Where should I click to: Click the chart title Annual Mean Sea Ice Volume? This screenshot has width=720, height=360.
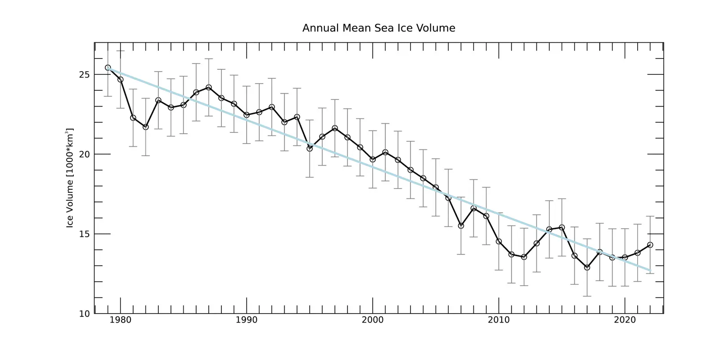(x=378, y=28)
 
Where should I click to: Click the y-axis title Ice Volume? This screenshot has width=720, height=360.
(x=70, y=178)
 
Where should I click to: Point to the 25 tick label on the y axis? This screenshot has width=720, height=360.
(x=84, y=74)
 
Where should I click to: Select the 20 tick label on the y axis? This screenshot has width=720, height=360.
(x=84, y=154)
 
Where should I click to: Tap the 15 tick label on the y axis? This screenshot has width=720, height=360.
(x=84, y=234)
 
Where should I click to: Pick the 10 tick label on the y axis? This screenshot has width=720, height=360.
(x=84, y=314)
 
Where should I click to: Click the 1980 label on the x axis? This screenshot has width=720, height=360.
(x=121, y=320)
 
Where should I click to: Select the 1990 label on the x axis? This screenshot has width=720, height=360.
(x=247, y=320)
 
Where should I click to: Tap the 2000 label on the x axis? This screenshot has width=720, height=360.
(x=373, y=320)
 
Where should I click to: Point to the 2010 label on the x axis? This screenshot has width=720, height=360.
(x=499, y=320)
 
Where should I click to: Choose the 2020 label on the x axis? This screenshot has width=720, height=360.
(x=625, y=320)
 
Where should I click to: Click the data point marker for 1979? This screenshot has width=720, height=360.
(x=108, y=68)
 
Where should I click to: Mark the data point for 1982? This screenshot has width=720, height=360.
(x=146, y=127)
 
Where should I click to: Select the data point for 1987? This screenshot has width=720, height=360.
(x=209, y=87)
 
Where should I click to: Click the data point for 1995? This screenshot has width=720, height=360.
(x=310, y=148)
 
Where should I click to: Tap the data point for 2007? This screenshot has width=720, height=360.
(x=461, y=226)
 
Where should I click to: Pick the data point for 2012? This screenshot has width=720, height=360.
(x=524, y=257)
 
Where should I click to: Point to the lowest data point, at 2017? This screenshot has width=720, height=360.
(x=587, y=267)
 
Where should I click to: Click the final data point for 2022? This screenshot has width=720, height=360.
(x=650, y=245)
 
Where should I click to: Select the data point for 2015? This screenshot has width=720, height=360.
(x=562, y=227)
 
